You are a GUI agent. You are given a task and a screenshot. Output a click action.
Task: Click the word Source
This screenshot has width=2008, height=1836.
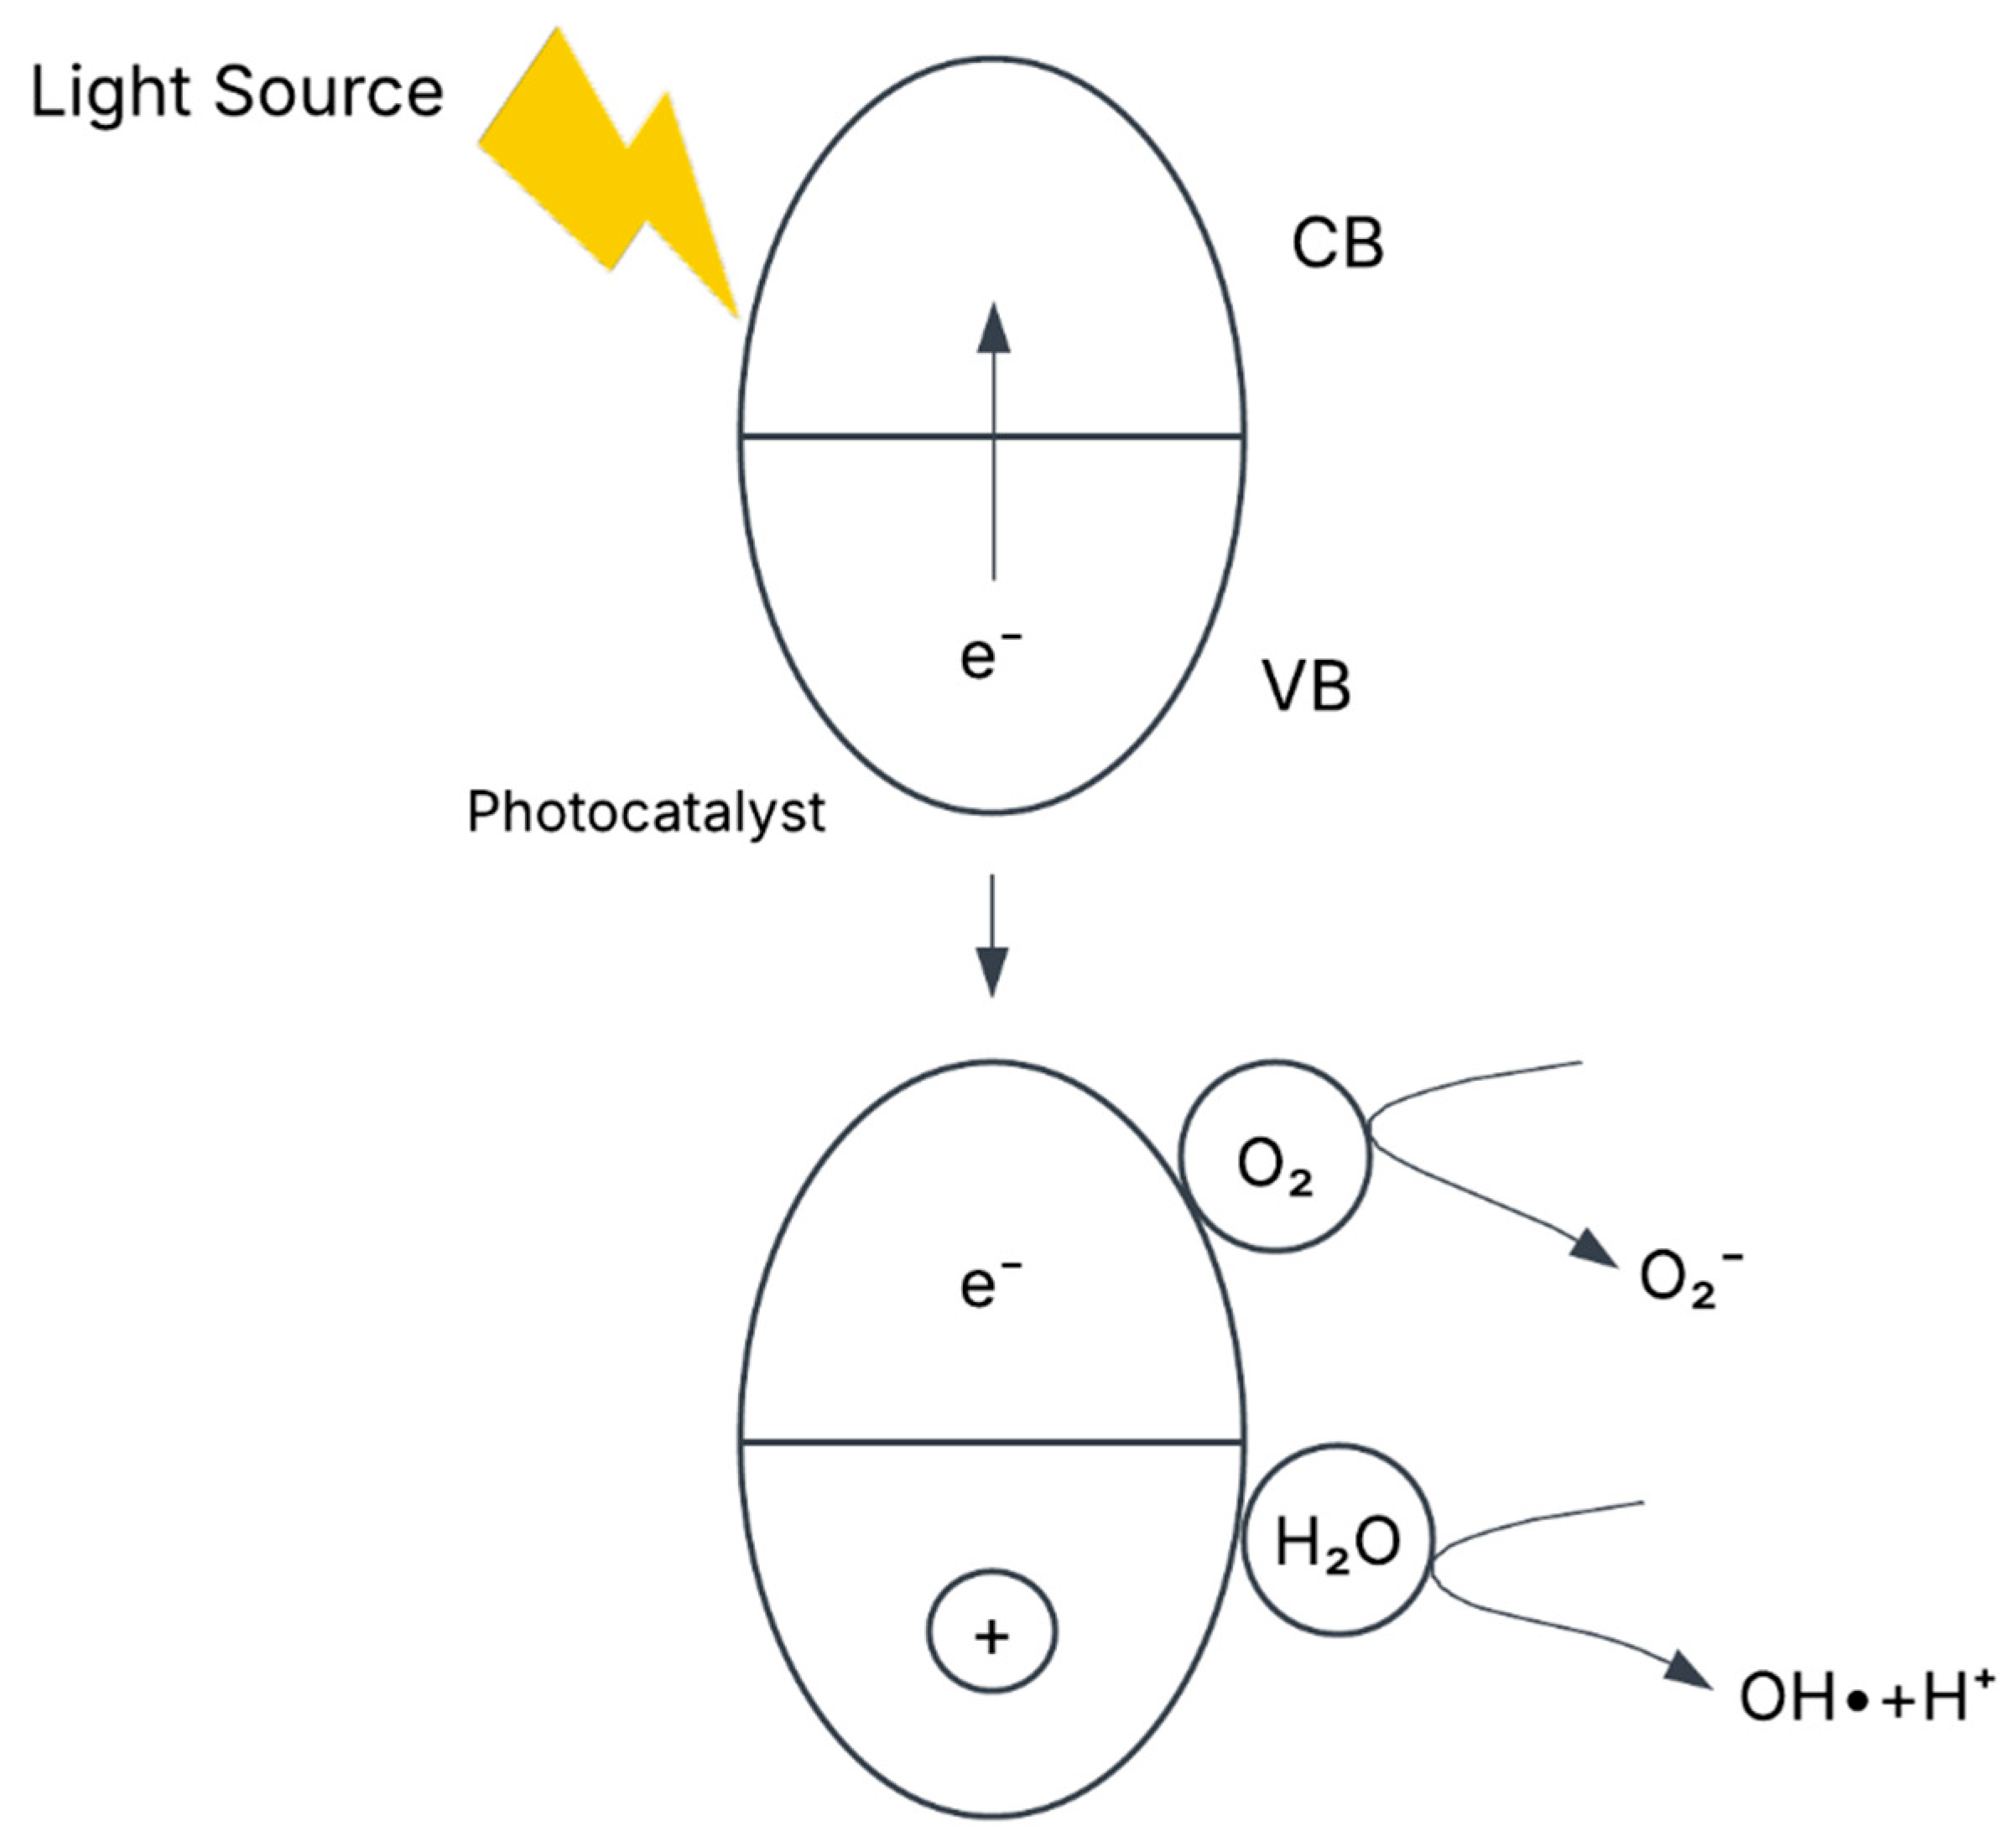328,92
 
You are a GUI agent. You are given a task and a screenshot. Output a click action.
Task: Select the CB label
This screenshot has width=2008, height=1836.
1337,244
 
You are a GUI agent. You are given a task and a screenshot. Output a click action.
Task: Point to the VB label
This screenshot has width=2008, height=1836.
1306,687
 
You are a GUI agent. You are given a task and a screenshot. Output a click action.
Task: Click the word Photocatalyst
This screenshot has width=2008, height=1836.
646,813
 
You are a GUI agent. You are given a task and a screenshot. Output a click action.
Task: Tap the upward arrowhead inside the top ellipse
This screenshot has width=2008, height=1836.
993,329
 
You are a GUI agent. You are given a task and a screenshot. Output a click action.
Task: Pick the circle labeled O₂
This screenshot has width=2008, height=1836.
1275,1156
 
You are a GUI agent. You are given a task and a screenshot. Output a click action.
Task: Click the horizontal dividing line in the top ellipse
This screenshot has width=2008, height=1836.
866,436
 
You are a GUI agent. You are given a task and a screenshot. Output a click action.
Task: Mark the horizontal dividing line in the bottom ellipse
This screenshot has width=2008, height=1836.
866,1441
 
